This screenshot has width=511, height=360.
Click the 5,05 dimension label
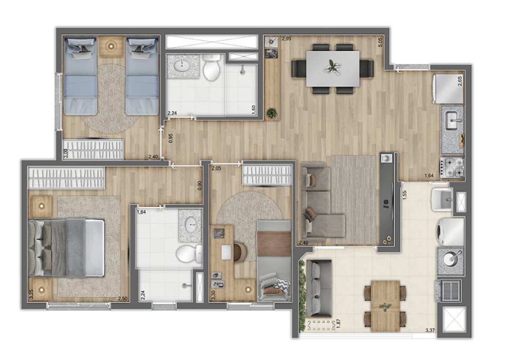coord(380,42)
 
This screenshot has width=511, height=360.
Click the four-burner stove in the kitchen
coord(452,167)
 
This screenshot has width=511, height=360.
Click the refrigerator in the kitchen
coord(448,88)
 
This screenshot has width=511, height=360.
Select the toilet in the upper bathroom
coord(212,68)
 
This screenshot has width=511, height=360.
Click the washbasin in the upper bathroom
coord(183,66)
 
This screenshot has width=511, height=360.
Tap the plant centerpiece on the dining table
coord(333,68)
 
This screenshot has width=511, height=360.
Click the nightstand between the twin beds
coord(111,46)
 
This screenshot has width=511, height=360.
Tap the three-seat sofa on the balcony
coord(319,288)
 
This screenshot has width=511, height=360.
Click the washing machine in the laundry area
coord(450,231)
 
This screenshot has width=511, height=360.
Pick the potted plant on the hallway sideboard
coord(271,113)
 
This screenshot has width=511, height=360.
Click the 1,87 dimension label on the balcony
coord(338,325)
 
